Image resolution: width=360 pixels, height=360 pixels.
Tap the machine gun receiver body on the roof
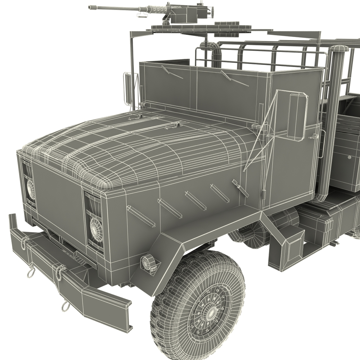tap(181, 13)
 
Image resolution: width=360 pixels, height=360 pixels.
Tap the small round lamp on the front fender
tap(147, 262)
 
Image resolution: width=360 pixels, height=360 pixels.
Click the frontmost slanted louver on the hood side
tap(141, 216)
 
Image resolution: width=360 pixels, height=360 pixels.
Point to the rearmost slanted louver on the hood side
tap(240, 188)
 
